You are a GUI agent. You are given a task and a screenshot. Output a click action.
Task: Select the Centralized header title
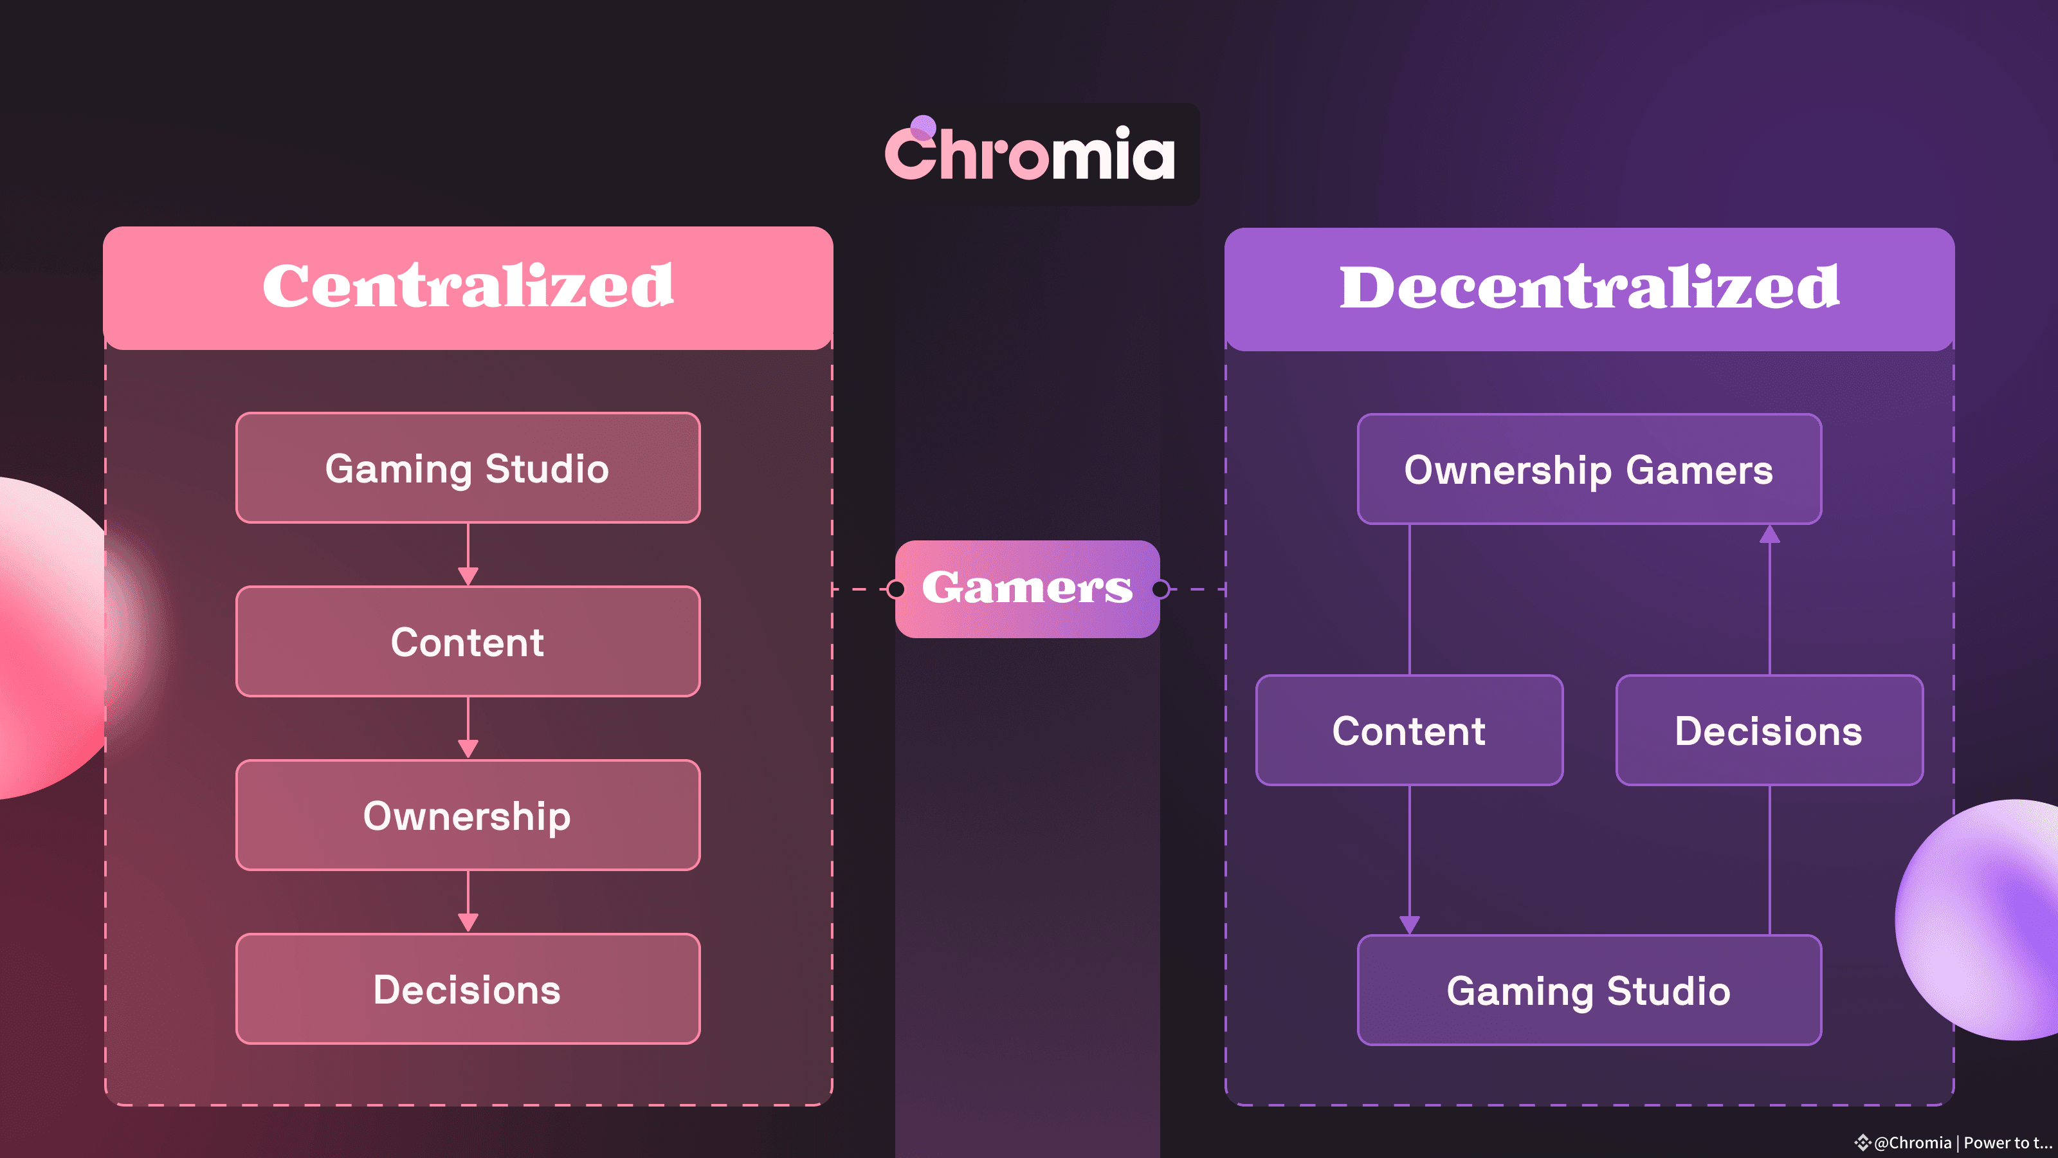pos(468,286)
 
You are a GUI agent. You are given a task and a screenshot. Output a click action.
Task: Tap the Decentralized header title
pos(1589,288)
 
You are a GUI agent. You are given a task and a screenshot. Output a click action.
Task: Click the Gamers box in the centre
pos(1028,589)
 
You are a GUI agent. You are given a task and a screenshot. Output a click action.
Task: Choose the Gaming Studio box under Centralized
pos(468,468)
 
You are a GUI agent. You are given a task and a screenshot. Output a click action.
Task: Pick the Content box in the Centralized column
pos(468,642)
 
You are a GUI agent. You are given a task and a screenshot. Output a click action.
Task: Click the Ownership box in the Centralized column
pos(468,815)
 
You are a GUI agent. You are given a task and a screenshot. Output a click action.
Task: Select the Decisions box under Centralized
pos(468,989)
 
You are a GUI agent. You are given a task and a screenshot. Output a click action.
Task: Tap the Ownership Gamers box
pos(1589,469)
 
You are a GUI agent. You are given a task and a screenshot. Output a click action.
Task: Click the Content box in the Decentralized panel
pos(1409,730)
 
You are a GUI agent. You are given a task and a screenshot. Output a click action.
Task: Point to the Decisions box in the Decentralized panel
pos(1769,730)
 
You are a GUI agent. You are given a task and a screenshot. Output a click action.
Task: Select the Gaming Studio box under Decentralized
pos(1589,990)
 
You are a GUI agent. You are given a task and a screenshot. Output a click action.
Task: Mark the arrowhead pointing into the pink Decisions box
pos(468,923)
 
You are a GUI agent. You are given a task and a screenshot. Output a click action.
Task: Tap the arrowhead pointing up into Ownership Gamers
pos(1770,535)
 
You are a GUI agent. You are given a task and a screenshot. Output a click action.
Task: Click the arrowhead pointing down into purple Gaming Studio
pos(1409,924)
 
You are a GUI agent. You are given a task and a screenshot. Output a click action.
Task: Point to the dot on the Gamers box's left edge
pos(897,589)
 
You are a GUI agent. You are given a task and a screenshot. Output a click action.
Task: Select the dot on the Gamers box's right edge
pos(1160,589)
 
